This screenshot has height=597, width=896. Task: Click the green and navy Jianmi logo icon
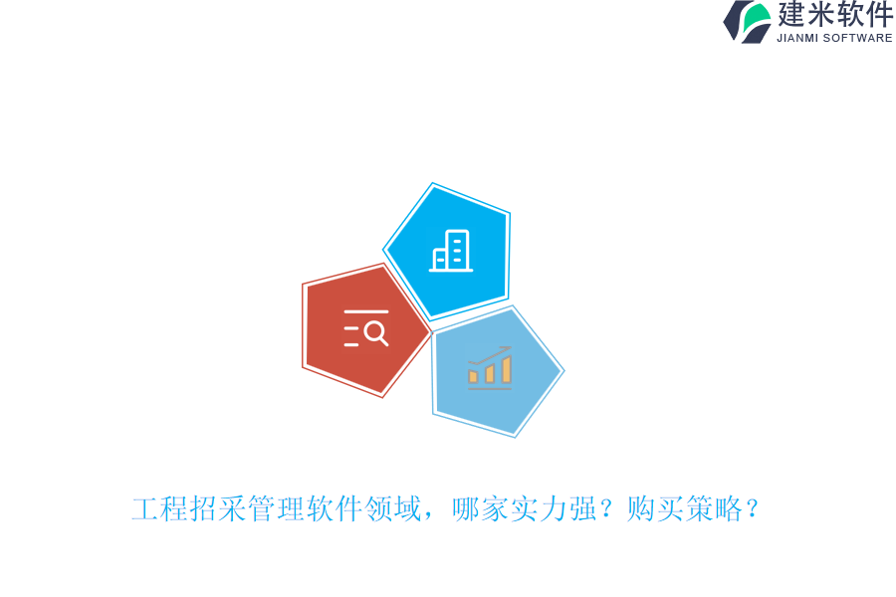pos(747,22)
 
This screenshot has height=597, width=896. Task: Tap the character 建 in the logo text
pos(792,15)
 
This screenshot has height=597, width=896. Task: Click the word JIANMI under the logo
pos(797,38)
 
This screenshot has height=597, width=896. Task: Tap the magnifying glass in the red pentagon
pos(375,333)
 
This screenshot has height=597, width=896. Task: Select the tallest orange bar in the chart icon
pos(506,369)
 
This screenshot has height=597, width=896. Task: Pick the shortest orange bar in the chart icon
pos(473,376)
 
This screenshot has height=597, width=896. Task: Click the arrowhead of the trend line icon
pos(508,348)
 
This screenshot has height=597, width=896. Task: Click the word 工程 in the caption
pos(159,509)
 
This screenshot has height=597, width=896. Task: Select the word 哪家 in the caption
pos(481,509)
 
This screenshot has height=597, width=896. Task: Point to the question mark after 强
pos(607,509)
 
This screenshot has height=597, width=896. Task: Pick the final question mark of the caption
pos(753,509)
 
